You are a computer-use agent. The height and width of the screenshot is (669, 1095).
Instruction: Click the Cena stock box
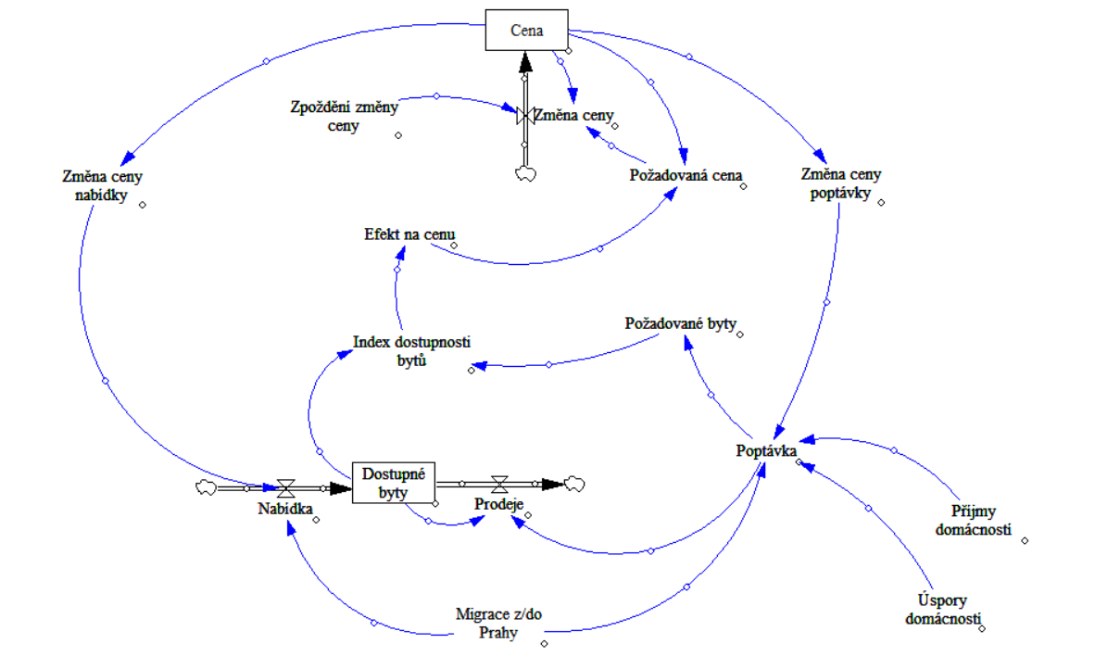(525, 31)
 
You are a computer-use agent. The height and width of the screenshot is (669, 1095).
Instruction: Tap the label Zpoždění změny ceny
(343, 117)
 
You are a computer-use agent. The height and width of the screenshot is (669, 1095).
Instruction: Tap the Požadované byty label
(680, 324)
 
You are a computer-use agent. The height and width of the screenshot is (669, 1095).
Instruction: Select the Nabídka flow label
(284, 508)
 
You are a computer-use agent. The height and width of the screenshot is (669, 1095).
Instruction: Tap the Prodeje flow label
(499, 507)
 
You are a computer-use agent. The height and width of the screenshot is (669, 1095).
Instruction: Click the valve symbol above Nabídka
(287, 486)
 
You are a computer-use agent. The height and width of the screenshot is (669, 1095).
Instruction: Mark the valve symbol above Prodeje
(500, 484)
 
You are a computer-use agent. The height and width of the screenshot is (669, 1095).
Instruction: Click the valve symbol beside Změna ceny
(524, 116)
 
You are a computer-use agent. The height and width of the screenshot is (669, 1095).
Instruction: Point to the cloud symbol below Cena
(525, 172)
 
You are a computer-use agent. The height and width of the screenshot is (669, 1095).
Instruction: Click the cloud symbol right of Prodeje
(576, 483)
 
